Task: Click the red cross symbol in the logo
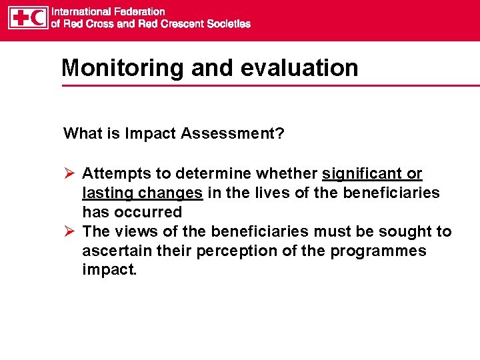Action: point(19,17)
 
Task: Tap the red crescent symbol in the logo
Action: point(37,17)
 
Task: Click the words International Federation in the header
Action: point(109,11)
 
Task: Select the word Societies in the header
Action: point(229,24)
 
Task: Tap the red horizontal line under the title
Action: point(267,85)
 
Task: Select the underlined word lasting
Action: point(105,193)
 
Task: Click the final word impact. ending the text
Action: point(109,270)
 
